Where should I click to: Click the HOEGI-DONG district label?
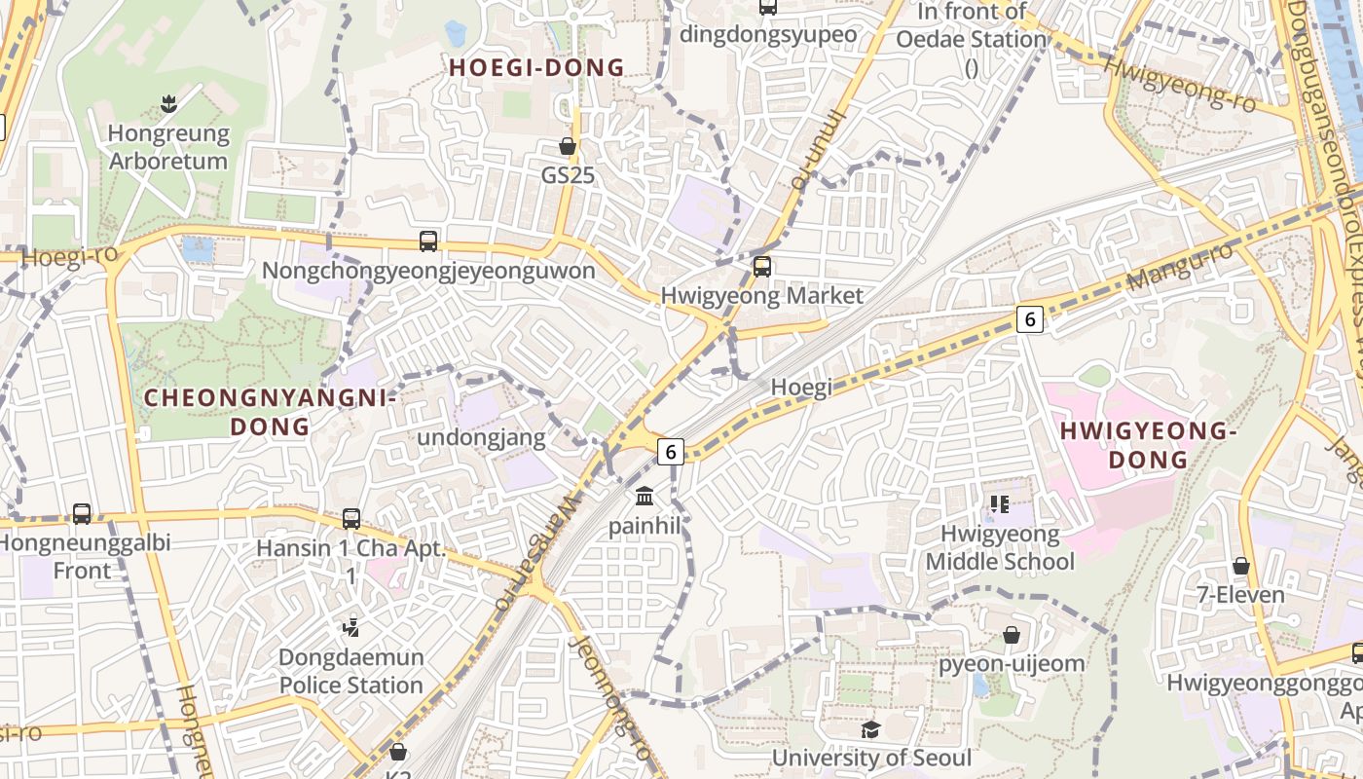click(x=536, y=67)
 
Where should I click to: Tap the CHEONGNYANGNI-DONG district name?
click(x=270, y=412)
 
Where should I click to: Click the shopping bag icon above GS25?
click(x=568, y=146)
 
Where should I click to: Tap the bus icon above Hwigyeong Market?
click(x=762, y=266)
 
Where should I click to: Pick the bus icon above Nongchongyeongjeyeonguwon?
click(x=428, y=241)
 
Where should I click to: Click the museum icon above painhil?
click(x=644, y=497)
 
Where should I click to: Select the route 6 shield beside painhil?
click(x=670, y=451)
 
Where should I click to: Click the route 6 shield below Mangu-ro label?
click(x=1030, y=318)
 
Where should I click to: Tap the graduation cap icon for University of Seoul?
click(x=870, y=729)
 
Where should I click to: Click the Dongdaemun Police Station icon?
click(x=351, y=628)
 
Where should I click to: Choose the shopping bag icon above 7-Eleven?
click(x=1241, y=566)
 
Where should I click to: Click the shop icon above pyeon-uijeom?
click(x=1012, y=635)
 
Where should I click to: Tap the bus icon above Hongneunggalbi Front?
click(x=82, y=513)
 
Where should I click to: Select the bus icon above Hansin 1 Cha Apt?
click(x=351, y=519)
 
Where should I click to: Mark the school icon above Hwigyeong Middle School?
click(x=999, y=503)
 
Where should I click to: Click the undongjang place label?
click(x=481, y=437)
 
